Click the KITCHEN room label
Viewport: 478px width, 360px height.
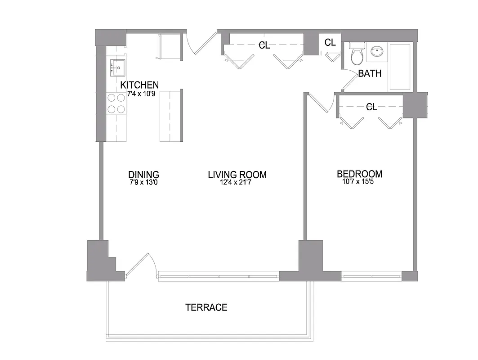click(139, 85)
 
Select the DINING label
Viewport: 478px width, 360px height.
click(143, 175)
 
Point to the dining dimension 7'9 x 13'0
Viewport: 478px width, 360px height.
click(143, 183)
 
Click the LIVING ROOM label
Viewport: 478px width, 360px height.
click(237, 175)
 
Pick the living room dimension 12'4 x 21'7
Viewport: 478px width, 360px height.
click(237, 183)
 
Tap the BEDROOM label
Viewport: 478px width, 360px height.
click(359, 174)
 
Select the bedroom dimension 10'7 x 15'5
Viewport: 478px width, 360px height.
click(359, 182)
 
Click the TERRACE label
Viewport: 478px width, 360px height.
click(206, 307)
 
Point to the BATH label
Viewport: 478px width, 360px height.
click(370, 73)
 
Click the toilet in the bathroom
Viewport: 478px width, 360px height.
click(357, 54)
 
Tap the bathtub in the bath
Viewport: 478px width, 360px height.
click(400, 66)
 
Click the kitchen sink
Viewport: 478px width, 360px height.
click(116, 68)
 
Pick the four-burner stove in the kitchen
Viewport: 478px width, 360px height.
click(116, 103)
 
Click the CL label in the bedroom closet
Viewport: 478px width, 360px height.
click(371, 107)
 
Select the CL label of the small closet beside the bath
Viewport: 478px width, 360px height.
click(330, 43)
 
